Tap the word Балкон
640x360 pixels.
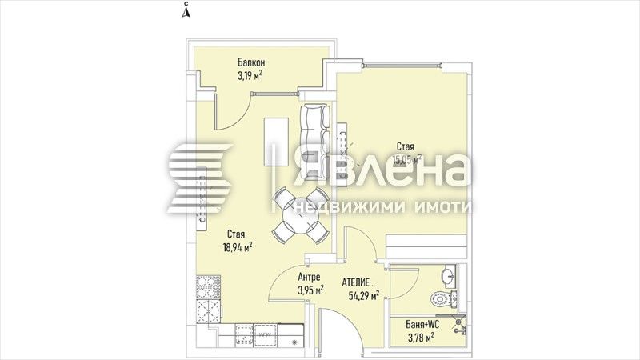pyautogui.click(x=251, y=63)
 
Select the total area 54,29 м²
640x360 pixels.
pyautogui.click(x=364, y=295)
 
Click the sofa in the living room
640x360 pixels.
pyautogui.click(x=315, y=141)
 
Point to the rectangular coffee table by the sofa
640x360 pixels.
pyautogui.click(x=278, y=141)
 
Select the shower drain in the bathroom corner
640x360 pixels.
pyautogui.click(x=460, y=326)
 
